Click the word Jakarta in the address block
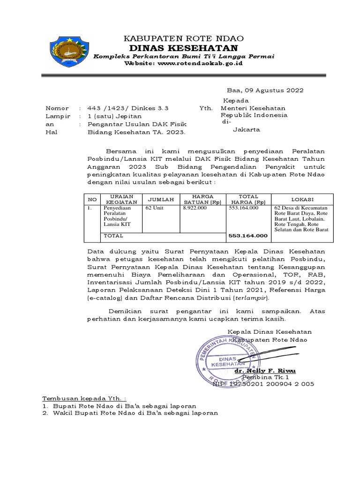[x=247, y=130]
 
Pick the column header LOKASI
[x=302, y=199]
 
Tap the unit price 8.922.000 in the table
[x=195, y=208]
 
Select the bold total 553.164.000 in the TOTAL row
[x=247, y=236]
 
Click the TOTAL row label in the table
[x=113, y=236]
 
